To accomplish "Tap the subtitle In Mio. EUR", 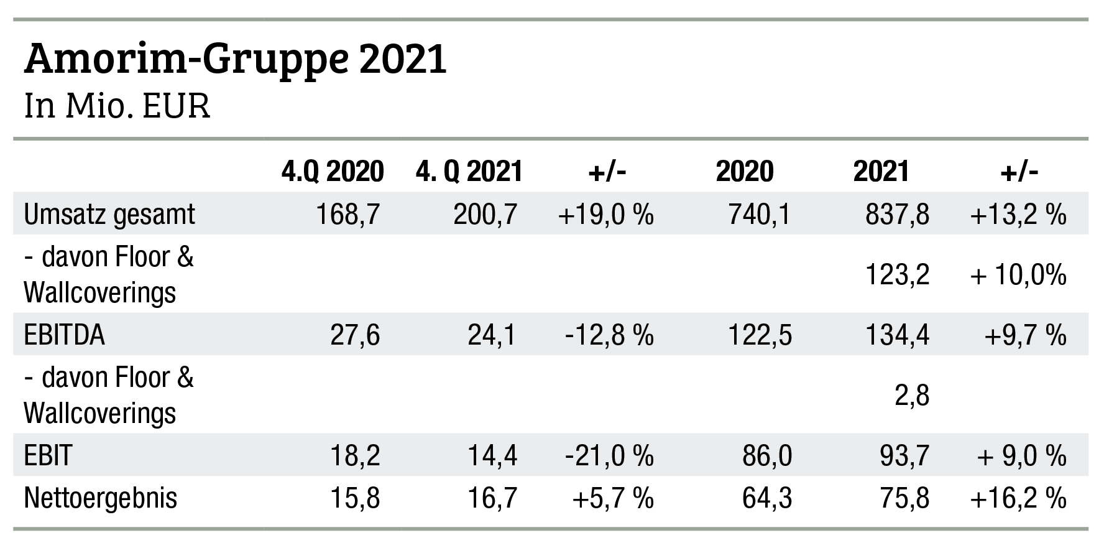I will click(x=117, y=106).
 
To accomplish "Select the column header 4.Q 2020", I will click(x=332, y=171).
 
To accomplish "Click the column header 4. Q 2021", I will click(x=469, y=171).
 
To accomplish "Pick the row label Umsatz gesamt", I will click(x=109, y=215).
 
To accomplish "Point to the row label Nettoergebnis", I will click(x=100, y=498).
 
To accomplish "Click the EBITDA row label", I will click(x=64, y=335).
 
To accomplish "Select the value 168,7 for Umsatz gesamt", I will click(x=347, y=215).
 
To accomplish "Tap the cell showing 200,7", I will click(x=485, y=215).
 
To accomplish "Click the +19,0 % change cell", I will click(x=606, y=215).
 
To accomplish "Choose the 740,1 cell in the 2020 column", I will click(x=760, y=215).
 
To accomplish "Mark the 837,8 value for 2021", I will click(x=897, y=215).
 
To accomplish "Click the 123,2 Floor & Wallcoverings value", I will click(x=897, y=274).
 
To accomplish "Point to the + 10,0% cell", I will click(x=1018, y=274).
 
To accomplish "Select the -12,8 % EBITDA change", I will click(x=610, y=335).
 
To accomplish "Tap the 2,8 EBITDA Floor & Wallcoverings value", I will click(x=913, y=395).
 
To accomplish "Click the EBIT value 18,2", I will click(x=355, y=456).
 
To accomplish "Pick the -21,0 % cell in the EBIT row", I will click(x=610, y=456).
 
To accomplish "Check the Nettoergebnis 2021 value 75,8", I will click(x=904, y=498).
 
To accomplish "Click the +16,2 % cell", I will click(x=1018, y=498).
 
